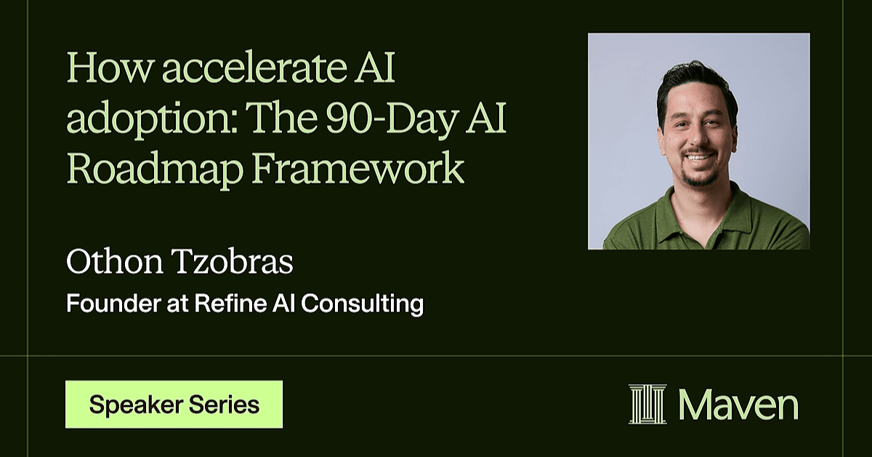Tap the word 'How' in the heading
108,68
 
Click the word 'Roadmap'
155,170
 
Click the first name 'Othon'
115,262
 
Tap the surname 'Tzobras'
233,262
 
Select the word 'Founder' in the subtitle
113,303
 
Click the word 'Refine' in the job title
230,303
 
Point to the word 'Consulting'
362,303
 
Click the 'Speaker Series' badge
174,405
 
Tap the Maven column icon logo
647,404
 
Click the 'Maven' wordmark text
739,405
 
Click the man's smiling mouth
700,157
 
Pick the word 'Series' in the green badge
225,405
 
